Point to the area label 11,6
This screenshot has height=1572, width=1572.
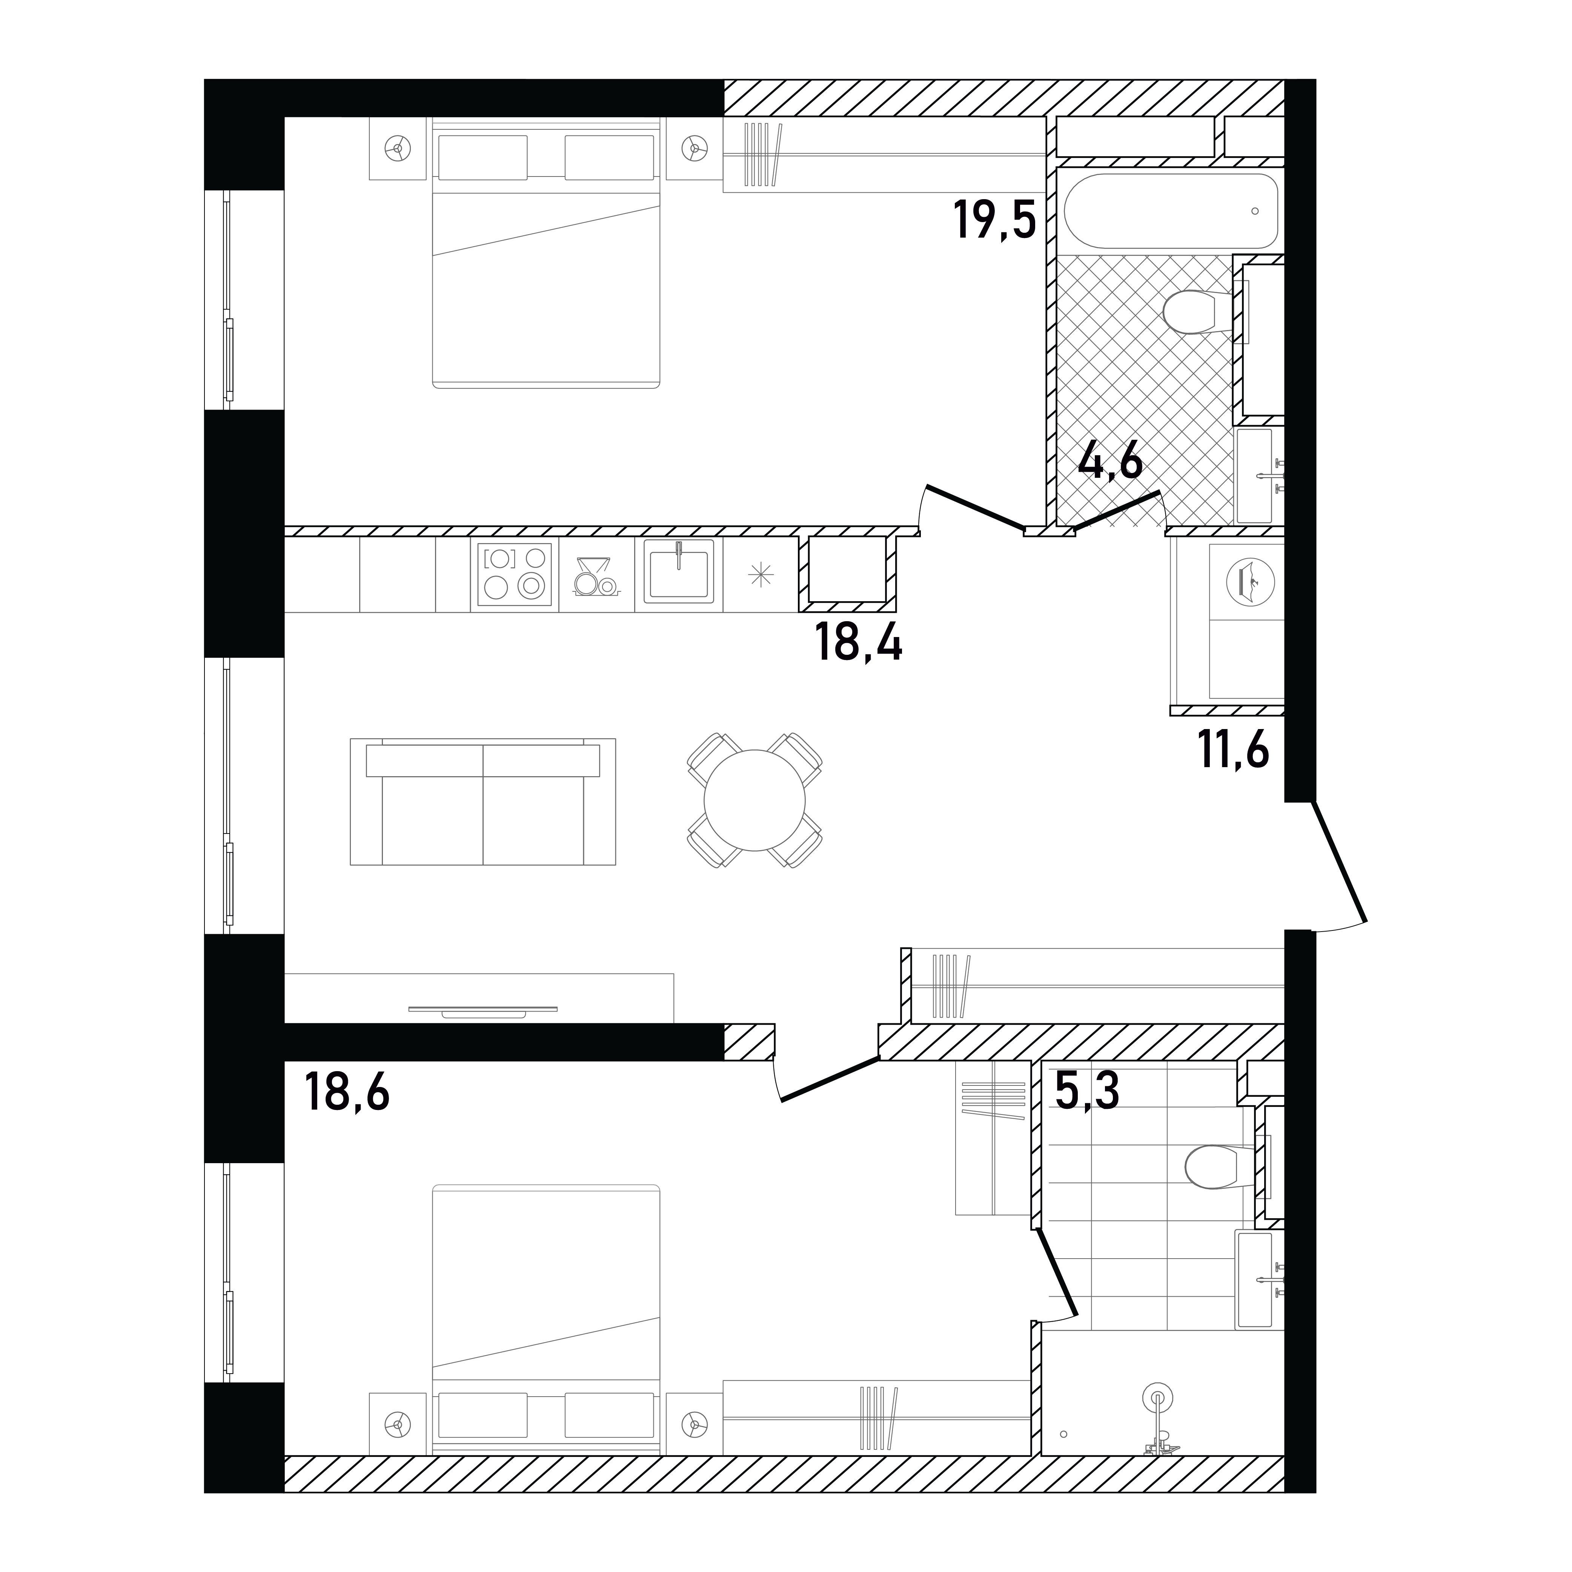[x=1234, y=750]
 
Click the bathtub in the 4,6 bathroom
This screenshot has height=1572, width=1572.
[x=1171, y=210]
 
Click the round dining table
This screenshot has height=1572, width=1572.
[x=754, y=800]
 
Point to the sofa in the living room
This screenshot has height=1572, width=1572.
[x=483, y=801]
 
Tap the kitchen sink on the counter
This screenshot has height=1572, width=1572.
[x=679, y=571]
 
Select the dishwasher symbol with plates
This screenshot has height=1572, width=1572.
[x=596, y=575]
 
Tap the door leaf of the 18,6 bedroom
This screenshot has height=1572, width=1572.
[x=830, y=1079]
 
